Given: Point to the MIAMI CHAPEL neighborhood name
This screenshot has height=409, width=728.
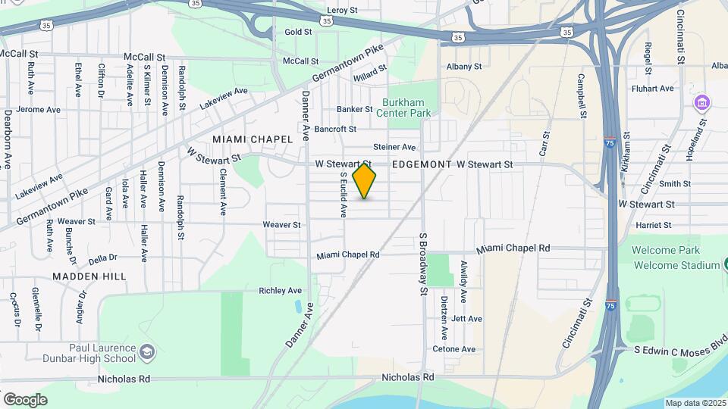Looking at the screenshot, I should coord(253,139).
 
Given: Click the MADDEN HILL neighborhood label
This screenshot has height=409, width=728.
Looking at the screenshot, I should coord(89,276).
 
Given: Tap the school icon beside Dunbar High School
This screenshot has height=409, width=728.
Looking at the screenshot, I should coord(148,352).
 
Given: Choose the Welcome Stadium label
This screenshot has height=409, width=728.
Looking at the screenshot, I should coord(676,265).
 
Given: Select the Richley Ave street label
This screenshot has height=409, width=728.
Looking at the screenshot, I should coord(281,291).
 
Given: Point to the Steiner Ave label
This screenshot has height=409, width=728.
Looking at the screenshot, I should coord(394,147).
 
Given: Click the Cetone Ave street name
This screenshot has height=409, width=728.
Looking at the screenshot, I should coord(453,349).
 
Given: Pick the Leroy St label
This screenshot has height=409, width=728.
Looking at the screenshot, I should coord(342,11).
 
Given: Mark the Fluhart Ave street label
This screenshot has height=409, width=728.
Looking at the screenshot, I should coord(655,89).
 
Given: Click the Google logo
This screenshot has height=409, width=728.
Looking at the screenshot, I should coord(25,399).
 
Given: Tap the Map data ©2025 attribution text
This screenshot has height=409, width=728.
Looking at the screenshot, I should coord(695,403).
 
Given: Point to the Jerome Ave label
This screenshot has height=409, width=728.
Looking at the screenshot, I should coord(39,110).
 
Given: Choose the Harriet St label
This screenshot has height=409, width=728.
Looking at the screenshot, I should coord(654,225).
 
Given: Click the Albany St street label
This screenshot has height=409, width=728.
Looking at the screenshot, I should coord(464,67).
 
